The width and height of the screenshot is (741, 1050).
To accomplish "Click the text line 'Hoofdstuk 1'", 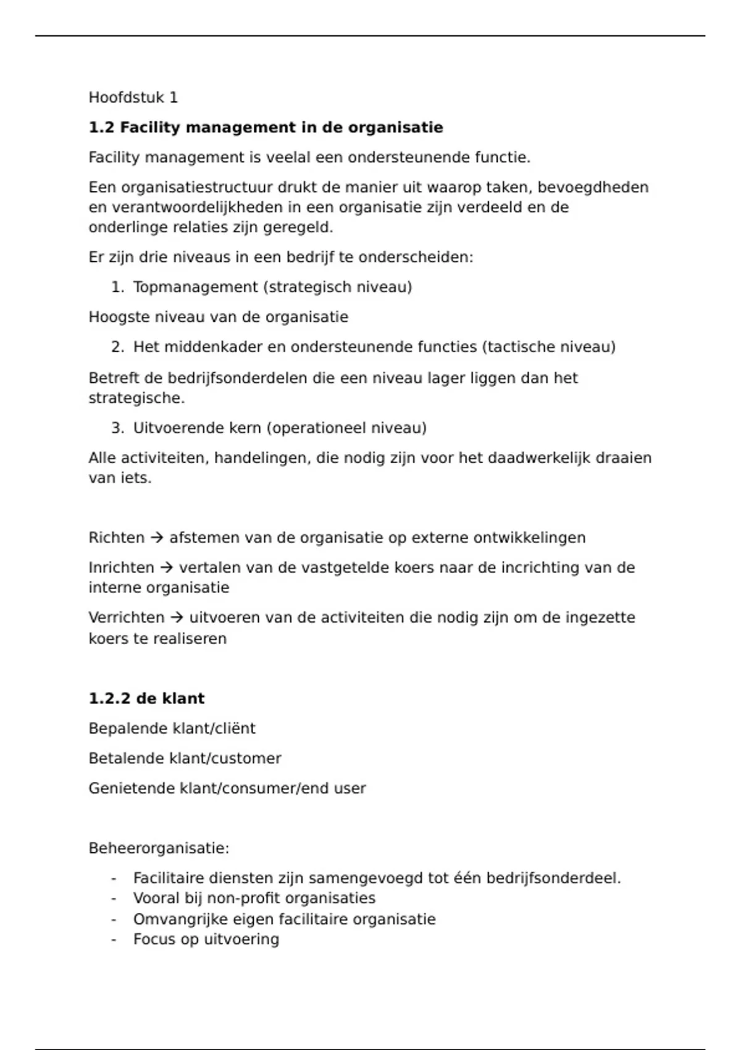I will (133, 98).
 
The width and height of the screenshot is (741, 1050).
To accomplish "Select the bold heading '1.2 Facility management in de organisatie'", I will (266, 128).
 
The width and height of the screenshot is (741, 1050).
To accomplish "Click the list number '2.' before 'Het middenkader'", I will (118, 347).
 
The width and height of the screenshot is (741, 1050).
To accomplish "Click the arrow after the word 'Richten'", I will (157, 538).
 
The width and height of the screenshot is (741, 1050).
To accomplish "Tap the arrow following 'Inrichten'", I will (167, 568).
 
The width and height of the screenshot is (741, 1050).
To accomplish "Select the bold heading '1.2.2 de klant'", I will (146, 699).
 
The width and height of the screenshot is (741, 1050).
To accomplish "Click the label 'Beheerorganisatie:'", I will (159, 849).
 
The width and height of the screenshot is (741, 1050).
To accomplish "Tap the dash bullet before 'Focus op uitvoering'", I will (114, 940).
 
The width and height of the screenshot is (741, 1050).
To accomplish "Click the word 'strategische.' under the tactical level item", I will (136, 398).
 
